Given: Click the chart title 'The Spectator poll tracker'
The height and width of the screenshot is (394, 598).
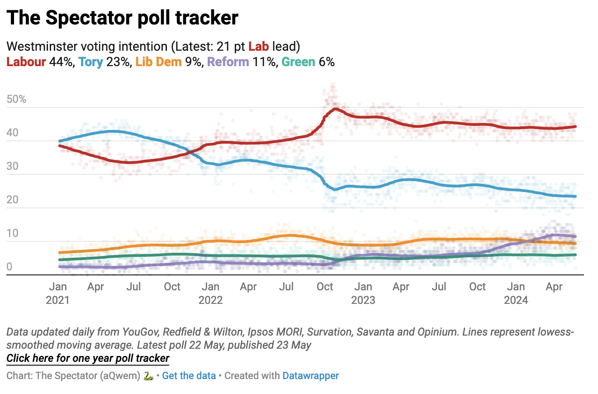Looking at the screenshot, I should point(122,18).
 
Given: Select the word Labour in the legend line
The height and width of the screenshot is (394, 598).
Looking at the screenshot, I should point(26,62).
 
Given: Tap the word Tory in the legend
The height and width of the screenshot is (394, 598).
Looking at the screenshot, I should point(90,62).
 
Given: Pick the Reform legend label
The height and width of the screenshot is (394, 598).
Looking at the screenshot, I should point(228,62).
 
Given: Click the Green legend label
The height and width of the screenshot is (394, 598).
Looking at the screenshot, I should point(298,62).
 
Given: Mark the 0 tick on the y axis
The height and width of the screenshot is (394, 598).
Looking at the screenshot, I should point(9,267).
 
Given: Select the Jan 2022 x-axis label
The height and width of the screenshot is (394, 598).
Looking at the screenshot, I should point(210,293).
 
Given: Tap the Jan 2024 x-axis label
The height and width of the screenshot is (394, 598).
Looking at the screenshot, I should point(516,293).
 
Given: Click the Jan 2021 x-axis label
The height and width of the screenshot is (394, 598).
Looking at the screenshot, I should point(58,293).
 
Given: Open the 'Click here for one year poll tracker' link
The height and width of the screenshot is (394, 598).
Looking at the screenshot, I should point(88,358).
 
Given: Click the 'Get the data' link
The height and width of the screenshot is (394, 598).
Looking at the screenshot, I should point(189,375).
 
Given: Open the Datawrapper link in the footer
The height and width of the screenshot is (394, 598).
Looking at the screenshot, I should point(310,375).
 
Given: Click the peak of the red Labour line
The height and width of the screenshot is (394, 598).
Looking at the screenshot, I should point(335,108).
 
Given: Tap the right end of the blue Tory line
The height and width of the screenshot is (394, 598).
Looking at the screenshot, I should point(575,196).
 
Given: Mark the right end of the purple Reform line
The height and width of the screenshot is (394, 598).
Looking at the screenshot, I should point(575,236).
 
